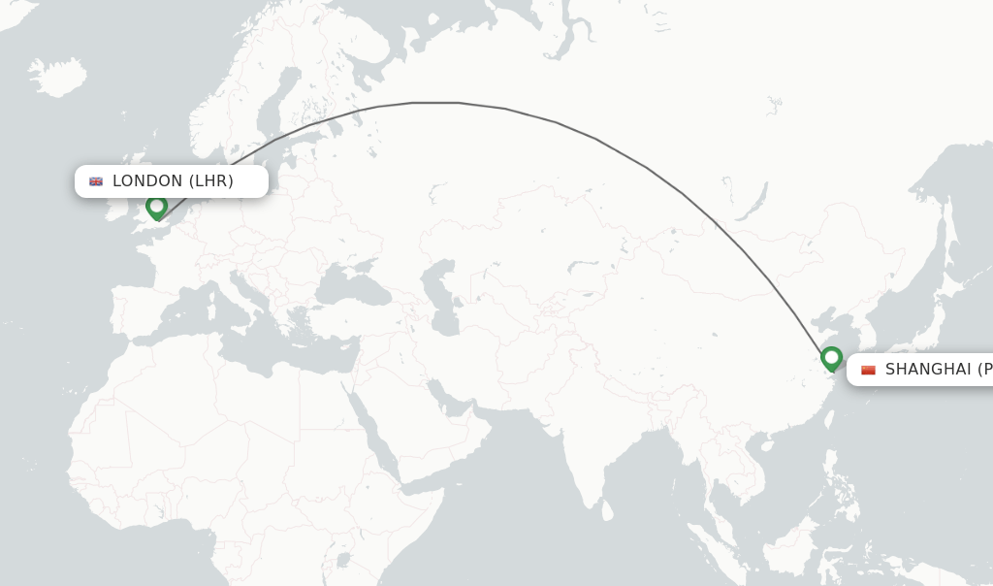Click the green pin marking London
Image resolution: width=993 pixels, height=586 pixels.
(156, 207)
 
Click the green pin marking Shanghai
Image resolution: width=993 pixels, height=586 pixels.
(831, 358)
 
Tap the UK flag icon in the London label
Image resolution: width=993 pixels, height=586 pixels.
(96, 181)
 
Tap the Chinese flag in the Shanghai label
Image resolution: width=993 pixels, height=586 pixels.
(868, 370)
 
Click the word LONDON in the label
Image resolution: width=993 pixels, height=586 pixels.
(147, 181)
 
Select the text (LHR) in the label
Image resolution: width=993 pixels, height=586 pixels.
(210, 181)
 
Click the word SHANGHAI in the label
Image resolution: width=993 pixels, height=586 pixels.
(927, 370)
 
